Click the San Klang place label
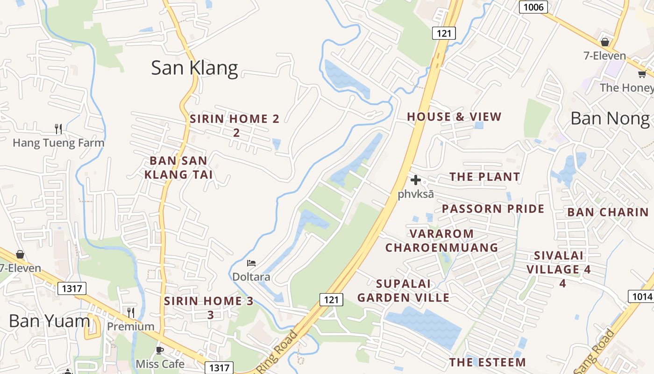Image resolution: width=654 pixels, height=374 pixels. point(194,68)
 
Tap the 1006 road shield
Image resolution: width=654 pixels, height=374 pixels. point(533,7)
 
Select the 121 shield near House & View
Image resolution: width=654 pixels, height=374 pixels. point(443,33)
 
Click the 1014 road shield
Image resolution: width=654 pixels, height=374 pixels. point(641,296)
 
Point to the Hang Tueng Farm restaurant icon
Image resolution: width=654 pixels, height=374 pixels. point(58,129)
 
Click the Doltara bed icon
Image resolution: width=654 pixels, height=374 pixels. point(251,263)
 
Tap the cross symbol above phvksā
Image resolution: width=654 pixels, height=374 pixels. point(415,180)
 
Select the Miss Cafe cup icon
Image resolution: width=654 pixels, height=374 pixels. point(160,350)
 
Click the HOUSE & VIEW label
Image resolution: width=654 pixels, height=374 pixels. point(454,117)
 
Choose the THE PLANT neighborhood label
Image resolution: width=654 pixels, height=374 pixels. point(484,177)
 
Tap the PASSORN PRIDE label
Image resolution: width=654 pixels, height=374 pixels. point(493,209)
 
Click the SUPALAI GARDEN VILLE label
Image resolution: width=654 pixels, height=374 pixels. point(403,290)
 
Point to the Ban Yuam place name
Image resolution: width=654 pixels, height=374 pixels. point(49,321)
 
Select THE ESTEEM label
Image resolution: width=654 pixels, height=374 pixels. point(487,362)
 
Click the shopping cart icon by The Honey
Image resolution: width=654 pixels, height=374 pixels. point(642,74)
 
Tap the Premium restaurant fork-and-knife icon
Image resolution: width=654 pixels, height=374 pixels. point(131,312)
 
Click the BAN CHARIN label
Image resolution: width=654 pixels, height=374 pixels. point(608,212)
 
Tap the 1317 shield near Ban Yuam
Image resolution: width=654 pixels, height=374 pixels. point(72,288)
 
